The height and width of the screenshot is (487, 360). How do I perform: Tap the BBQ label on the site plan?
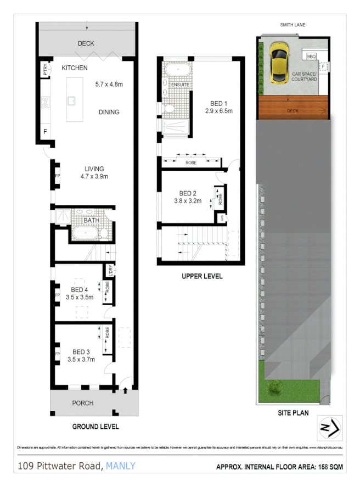pyautogui.click(x=311, y=56)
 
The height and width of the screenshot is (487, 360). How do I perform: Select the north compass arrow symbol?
pyautogui.click(x=330, y=427)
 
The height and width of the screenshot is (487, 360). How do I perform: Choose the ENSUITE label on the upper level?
pyautogui.click(x=180, y=85)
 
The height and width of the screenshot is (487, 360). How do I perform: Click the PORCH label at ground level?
pyautogui.click(x=83, y=403)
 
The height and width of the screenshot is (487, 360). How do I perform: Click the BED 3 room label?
pyautogui.click(x=81, y=352)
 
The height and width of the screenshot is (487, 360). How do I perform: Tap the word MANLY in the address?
pyautogui.click(x=120, y=466)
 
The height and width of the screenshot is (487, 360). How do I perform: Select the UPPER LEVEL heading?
pyautogui.click(x=202, y=276)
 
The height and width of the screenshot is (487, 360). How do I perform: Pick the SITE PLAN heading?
pyautogui.click(x=294, y=412)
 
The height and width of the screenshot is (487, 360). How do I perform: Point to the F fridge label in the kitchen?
pyautogui.click(x=44, y=132)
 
